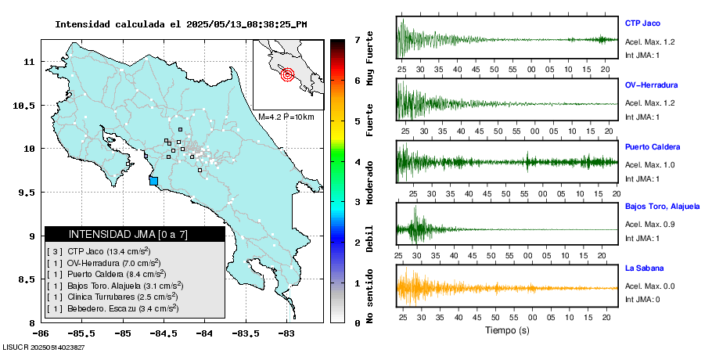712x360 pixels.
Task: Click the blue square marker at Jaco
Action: (x=153, y=181)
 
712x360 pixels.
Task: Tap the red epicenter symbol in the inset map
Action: (x=287, y=75)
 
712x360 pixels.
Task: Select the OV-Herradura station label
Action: (x=651, y=85)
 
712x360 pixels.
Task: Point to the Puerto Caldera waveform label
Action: (x=653, y=146)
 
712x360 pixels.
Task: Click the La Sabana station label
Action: (x=645, y=268)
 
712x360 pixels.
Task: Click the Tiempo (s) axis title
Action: (x=507, y=330)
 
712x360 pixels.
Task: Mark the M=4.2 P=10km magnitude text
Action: (x=286, y=117)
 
